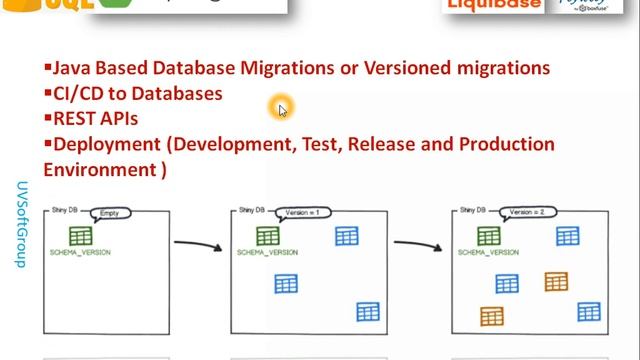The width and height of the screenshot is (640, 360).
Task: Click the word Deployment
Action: point(107,144)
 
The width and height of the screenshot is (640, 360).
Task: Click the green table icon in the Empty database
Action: point(80,237)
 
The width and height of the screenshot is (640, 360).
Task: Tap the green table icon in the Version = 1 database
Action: point(267,236)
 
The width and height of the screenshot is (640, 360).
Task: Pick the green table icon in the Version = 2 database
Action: point(488,236)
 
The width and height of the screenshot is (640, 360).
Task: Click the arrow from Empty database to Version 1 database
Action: point(197,243)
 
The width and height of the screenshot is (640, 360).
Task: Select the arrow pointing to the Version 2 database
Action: point(418,243)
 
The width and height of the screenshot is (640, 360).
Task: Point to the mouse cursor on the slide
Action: point(282,109)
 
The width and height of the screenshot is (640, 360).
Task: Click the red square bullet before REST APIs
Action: point(47,117)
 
